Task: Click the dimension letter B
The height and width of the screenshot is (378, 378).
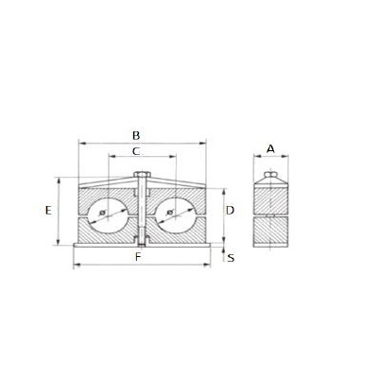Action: click(x=137, y=134)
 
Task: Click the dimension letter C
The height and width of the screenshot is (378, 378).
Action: click(x=137, y=150)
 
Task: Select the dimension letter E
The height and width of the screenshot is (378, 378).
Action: click(x=47, y=212)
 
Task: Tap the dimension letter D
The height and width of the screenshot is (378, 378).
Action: click(x=230, y=210)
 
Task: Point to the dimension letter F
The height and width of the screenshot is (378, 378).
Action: click(x=138, y=256)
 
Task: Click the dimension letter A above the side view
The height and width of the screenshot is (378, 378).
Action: click(x=270, y=148)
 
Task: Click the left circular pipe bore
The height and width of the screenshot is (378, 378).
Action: click(x=110, y=215)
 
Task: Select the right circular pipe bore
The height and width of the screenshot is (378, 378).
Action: click(x=171, y=215)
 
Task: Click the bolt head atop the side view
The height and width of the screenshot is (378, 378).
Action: click(x=270, y=175)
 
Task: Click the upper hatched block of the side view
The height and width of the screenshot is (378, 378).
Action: click(x=270, y=197)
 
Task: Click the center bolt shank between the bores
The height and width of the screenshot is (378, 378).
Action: click(x=141, y=213)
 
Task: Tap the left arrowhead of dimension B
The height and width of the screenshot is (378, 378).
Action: click(x=78, y=144)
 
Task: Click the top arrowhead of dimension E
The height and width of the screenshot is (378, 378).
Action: click(x=60, y=180)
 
